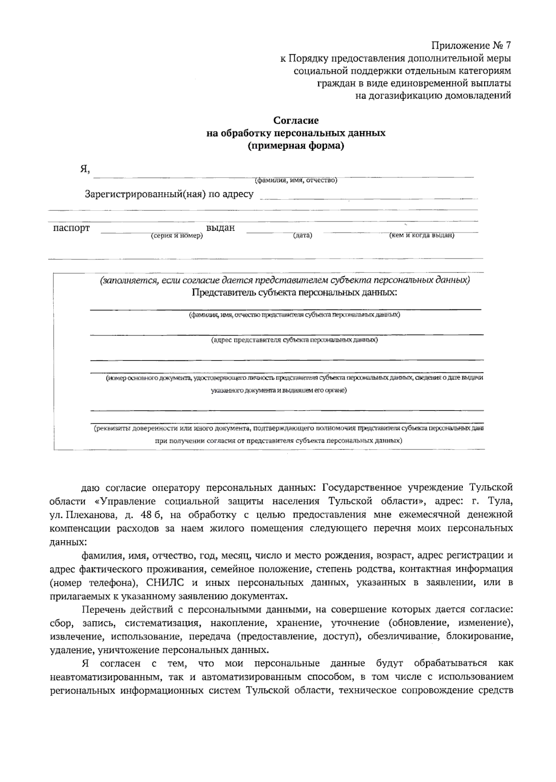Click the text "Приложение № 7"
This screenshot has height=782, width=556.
click(471, 46)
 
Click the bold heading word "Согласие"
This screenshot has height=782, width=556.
click(296, 121)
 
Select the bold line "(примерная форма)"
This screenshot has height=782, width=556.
click(296, 146)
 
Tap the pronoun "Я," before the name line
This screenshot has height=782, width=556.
click(84, 170)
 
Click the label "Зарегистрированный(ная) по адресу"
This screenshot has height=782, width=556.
click(169, 194)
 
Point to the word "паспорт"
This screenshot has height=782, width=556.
click(71, 228)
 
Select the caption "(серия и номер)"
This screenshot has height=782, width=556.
click(177, 236)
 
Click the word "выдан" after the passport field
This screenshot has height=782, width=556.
click(221, 228)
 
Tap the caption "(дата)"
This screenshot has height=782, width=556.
click(303, 236)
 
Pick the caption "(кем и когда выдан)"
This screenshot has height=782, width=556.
click(422, 235)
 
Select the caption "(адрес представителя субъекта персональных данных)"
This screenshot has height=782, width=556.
click(294, 340)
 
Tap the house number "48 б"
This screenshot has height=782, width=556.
click(149, 515)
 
